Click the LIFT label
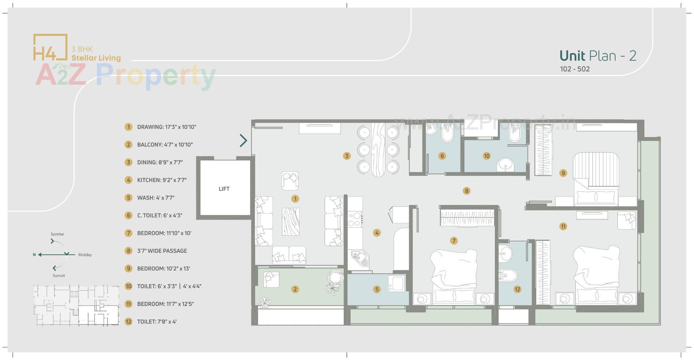(x=224, y=189)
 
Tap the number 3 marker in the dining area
(x=347, y=156)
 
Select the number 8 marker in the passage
(x=467, y=191)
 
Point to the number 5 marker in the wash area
(x=377, y=289)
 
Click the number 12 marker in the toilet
(x=517, y=289)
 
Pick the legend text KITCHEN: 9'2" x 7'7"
(x=162, y=180)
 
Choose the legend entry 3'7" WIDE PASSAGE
(x=162, y=251)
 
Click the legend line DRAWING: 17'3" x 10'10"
(x=166, y=127)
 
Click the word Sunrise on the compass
(x=57, y=234)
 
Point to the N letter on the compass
(x=34, y=255)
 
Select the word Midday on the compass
(x=85, y=255)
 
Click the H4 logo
(x=50, y=47)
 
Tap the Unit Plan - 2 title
(x=598, y=56)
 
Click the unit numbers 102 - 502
(x=575, y=69)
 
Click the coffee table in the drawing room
(x=291, y=222)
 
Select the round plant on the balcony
(x=335, y=278)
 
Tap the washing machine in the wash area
(x=397, y=283)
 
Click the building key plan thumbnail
(x=76, y=305)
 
